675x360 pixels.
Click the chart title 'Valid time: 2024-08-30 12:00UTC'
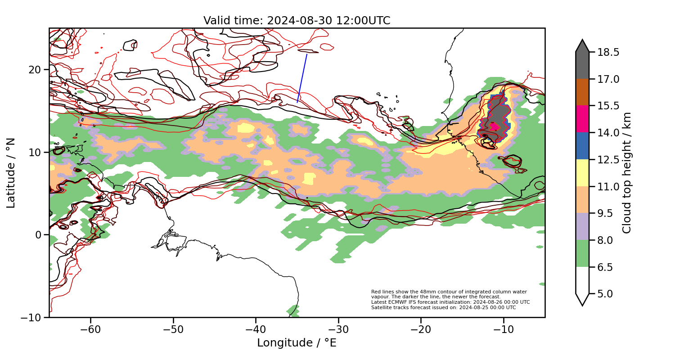coord(297,21)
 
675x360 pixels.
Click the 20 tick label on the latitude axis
coord(36,70)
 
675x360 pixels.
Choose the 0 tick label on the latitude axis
coord(39,235)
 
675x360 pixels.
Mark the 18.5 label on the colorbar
coord(607,52)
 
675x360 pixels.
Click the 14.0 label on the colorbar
coord(607,133)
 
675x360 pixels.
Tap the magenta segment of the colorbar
coord(582,119)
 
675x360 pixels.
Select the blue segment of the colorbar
coord(582,146)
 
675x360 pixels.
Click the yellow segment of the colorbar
coord(582,173)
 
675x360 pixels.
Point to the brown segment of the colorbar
coord(582,92)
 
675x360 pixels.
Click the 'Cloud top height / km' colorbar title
coord(627,173)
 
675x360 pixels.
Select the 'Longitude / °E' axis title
coord(297,343)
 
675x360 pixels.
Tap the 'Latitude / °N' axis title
coord(11,173)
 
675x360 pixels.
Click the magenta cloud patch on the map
coord(494,126)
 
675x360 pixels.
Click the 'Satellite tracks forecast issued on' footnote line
coord(443,308)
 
